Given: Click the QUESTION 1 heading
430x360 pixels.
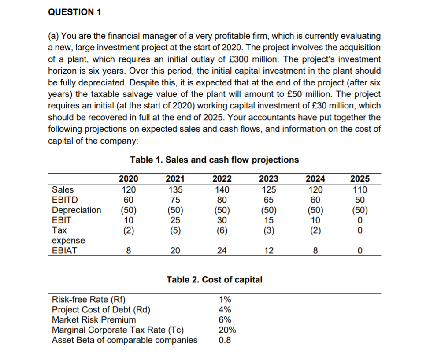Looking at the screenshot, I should pos(74,12).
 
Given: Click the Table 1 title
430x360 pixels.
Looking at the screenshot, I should pos(214,160).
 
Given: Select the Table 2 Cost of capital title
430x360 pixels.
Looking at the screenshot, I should pos(214,279).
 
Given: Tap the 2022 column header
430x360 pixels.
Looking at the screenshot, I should pos(222,178).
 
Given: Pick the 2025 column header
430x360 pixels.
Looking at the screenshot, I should pos(360,178).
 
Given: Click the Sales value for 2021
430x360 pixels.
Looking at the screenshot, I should pos(175,190).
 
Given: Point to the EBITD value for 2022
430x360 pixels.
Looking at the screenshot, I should pos(222,200).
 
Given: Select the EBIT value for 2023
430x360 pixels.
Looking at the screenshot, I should pos(269,220).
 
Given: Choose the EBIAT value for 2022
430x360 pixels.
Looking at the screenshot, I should pos(222,251).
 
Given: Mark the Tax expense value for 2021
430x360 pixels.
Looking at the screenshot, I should pos(175,230).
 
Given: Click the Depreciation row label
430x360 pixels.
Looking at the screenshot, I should pos(76,210).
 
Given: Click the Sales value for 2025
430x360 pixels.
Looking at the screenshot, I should pos(360,190).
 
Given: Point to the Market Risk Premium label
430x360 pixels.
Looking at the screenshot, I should pos(94,320).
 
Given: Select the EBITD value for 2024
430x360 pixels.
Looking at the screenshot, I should pos(315,200).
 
